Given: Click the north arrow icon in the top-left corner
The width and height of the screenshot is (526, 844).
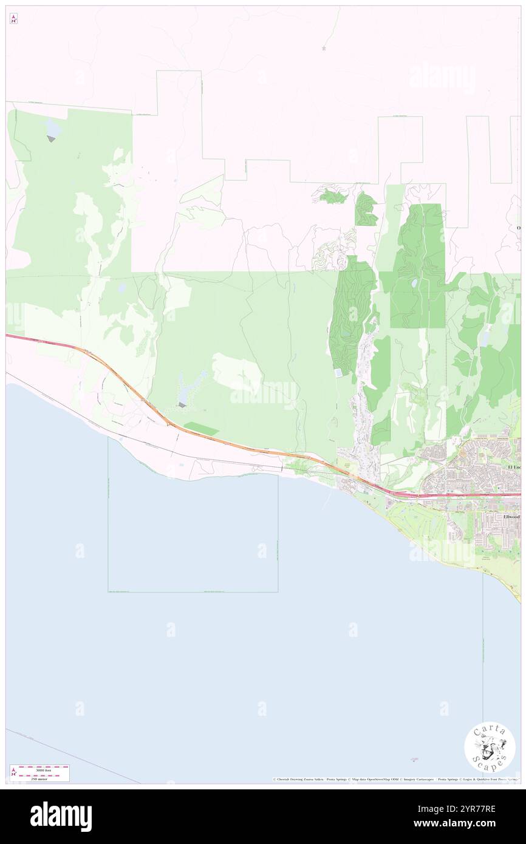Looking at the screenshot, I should (13, 19).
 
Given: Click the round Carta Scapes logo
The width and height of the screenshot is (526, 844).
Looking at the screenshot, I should (490, 749).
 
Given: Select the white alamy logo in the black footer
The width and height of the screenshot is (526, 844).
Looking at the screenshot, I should (61, 816).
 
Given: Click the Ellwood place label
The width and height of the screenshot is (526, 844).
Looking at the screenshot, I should (511, 517).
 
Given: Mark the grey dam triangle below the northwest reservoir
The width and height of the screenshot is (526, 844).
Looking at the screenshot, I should (51, 139).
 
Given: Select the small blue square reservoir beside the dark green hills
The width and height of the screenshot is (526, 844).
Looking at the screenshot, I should (338, 372).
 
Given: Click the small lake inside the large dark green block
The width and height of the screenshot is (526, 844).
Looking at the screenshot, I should (414, 283).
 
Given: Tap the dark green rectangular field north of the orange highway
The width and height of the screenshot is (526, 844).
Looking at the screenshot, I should (201, 428).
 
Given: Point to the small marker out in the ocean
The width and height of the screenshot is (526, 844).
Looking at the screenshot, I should (415, 758).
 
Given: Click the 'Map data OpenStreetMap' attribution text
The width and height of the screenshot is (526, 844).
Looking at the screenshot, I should (371, 779).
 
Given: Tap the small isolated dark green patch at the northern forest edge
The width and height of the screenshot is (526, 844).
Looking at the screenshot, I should (332, 196).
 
